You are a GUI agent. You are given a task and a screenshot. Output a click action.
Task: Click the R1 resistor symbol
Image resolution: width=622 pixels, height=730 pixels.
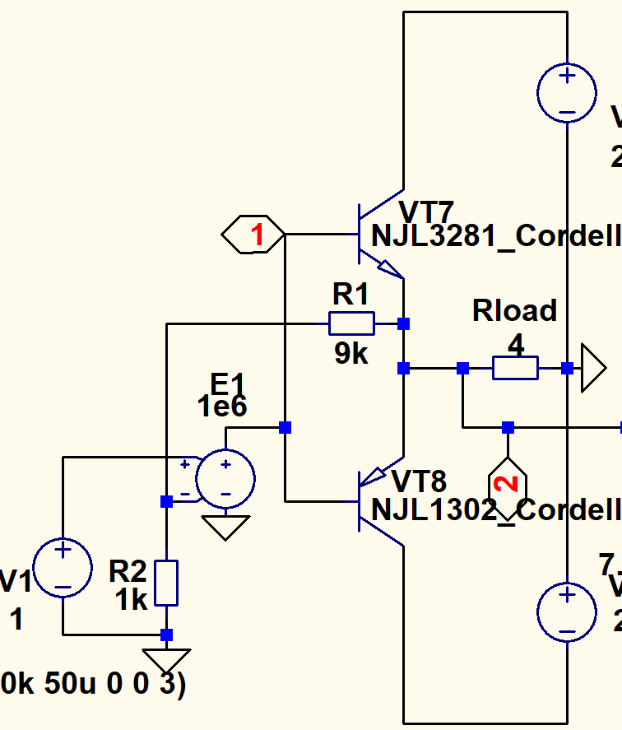(351, 323)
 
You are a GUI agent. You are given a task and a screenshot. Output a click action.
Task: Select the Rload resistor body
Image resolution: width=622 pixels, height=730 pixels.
(515, 368)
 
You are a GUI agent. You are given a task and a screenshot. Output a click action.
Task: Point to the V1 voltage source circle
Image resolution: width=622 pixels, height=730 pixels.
(62, 568)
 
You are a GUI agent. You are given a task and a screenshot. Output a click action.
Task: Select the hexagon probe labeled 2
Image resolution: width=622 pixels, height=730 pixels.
(508, 482)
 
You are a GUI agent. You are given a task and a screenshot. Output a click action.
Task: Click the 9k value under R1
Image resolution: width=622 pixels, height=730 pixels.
(350, 354)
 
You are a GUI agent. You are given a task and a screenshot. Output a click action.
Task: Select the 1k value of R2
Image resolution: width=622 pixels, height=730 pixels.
(131, 599)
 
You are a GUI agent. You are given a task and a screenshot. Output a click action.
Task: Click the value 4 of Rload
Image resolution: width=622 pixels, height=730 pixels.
(516, 345)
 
